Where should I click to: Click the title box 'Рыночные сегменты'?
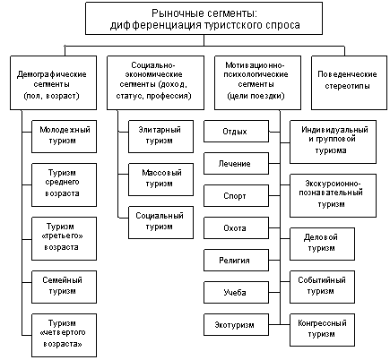click(x=204, y=19)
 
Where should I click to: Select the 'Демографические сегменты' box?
click(x=53, y=82)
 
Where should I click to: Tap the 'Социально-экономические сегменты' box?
click(x=155, y=82)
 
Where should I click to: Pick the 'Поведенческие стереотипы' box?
click(x=349, y=82)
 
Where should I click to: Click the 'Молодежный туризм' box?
click(x=64, y=136)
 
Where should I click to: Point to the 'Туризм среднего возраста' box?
click(x=64, y=184)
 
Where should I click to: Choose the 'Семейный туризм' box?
click(x=64, y=287)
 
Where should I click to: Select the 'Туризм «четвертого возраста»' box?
click(x=64, y=335)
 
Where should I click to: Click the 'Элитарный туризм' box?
click(x=160, y=136)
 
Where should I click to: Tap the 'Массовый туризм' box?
click(x=160, y=179)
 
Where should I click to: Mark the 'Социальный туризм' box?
click(x=160, y=222)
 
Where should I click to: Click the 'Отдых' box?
click(x=236, y=131)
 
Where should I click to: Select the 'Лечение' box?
click(x=236, y=163)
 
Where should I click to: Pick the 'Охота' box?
click(x=236, y=227)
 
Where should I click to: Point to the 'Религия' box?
click(x=236, y=260)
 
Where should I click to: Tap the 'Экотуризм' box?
click(x=236, y=324)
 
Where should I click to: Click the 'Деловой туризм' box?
click(x=322, y=244)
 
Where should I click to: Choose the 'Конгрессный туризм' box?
click(x=322, y=330)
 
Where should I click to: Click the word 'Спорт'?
click(x=235, y=196)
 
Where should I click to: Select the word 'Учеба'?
click(x=235, y=292)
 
